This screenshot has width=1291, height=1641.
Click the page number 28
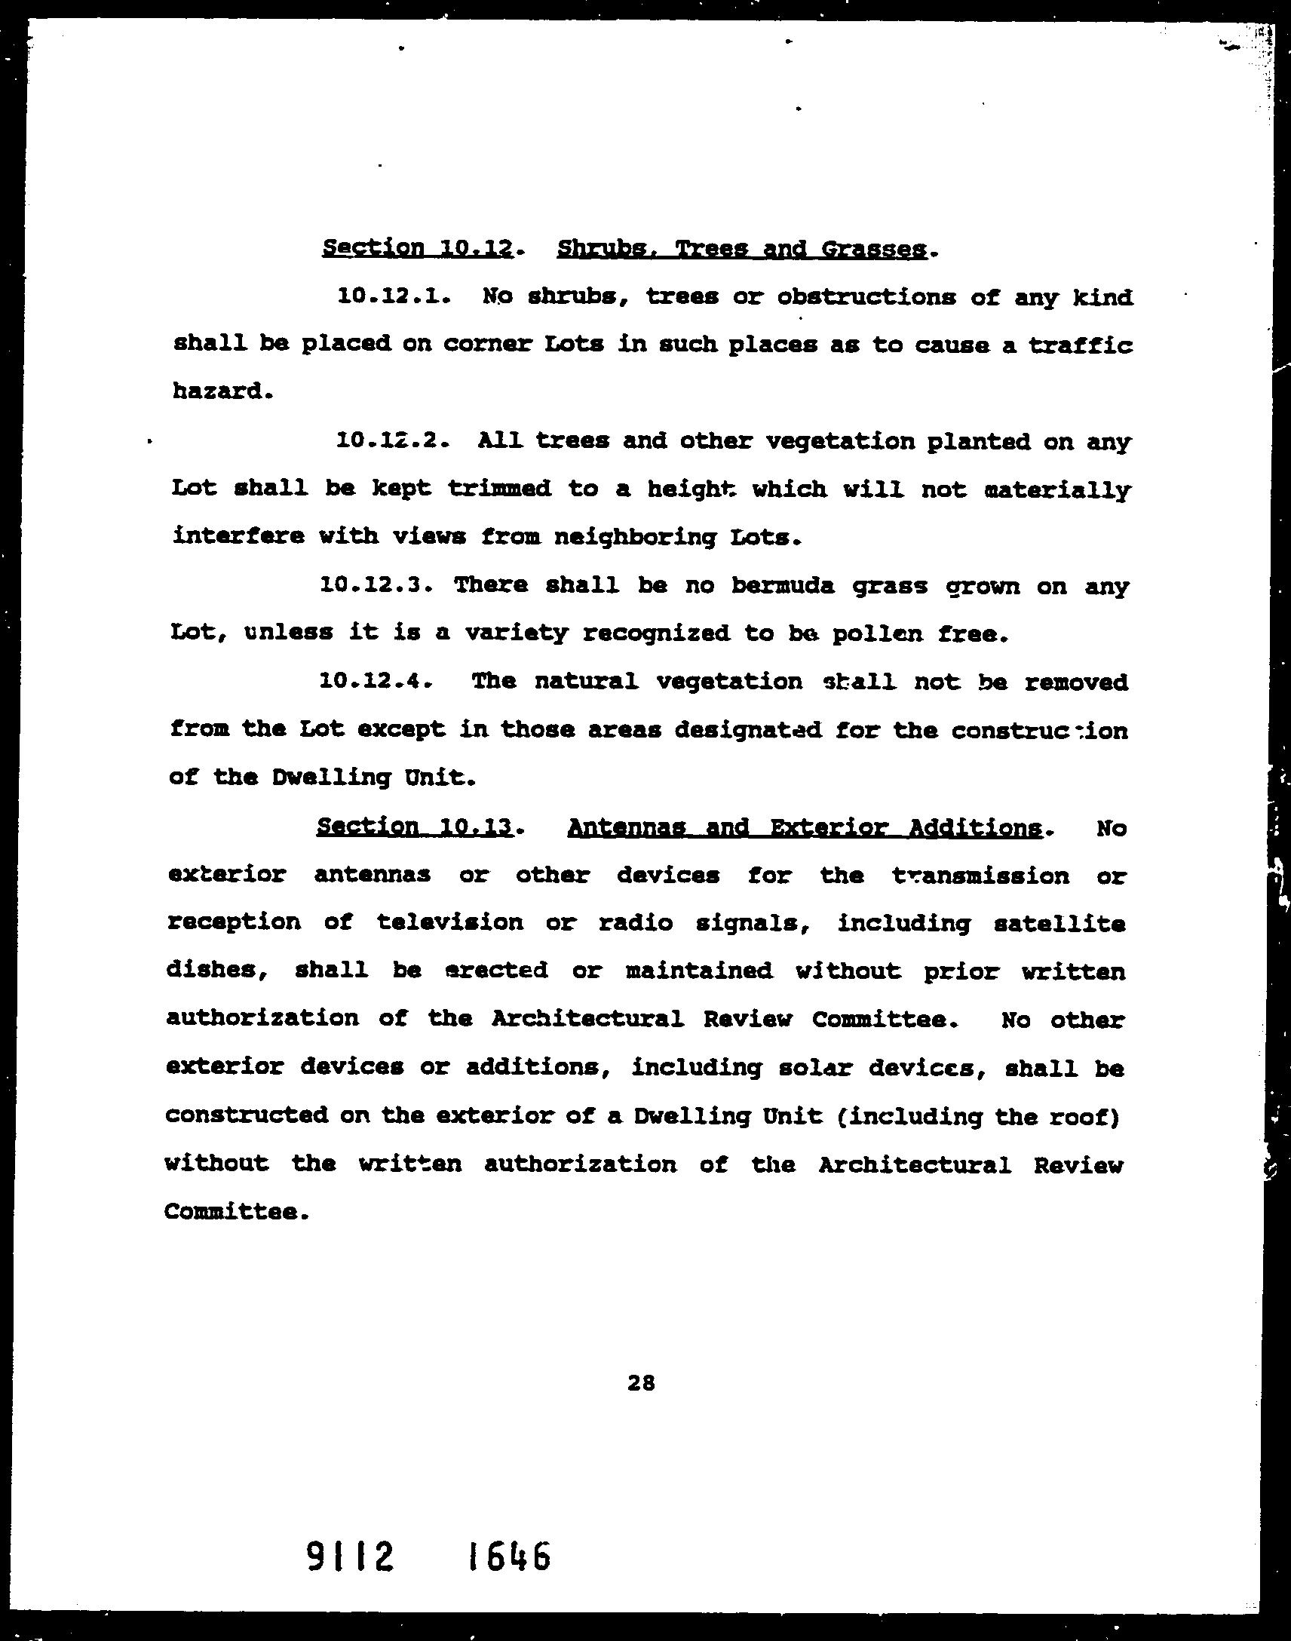(x=640, y=1383)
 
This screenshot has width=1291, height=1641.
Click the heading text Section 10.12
(x=418, y=248)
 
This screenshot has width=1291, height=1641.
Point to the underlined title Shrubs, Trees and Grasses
(x=741, y=249)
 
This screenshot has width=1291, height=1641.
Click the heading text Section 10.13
(x=415, y=827)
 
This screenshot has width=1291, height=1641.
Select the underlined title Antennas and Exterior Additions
(x=804, y=828)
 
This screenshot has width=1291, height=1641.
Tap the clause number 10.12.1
(x=393, y=296)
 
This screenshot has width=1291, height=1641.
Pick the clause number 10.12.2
(x=392, y=440)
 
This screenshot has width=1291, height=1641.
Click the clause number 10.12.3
(x=376, y=585)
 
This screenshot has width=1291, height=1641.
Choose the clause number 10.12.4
(x=376, y=682)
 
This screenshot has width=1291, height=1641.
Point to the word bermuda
(x=783, y=586)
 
